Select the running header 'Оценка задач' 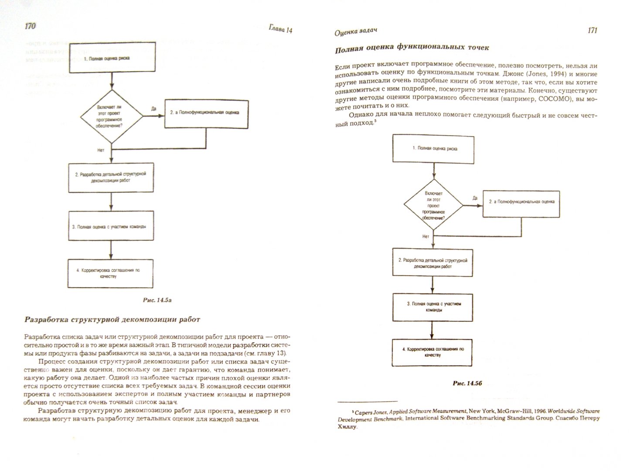(x=355, y=31)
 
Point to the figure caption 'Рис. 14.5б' (x=466, y=383)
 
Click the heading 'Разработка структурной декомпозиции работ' (x=112, y=320)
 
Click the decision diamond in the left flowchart (x=112, y=116)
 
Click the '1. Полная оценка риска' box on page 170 (x=112, y=57)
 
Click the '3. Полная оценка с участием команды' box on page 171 (x=433, y=307)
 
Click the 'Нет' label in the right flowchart (x=426, y=236)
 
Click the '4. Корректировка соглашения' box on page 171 (x=433, y=352)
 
